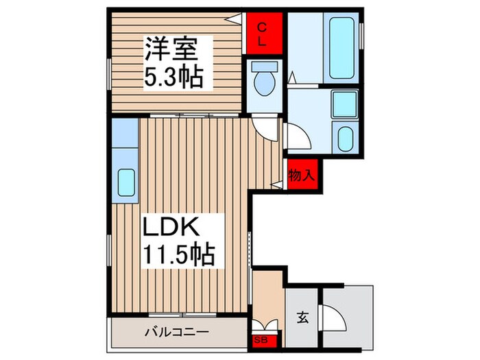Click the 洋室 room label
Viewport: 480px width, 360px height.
pyautogui.click(x=171, y=49)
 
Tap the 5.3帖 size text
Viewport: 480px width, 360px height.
pyautogui.click(x=172, y=77)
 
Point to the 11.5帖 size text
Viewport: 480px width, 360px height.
pyautogui.click(x=179, y=254)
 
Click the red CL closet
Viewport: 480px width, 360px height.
pyautogui.click(x=263, y=33)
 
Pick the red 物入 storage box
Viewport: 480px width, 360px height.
pyautogui.click(x=301, y=176)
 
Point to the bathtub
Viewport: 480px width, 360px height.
pyautogui.click(x=341, y=48)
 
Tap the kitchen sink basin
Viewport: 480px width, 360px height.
pyautogui.click(x=125, y=182)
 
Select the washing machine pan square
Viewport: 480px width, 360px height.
pyautogui.click(x=343, y=104)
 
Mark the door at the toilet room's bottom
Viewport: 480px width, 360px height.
pyautogui.click(x=265, y=124)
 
